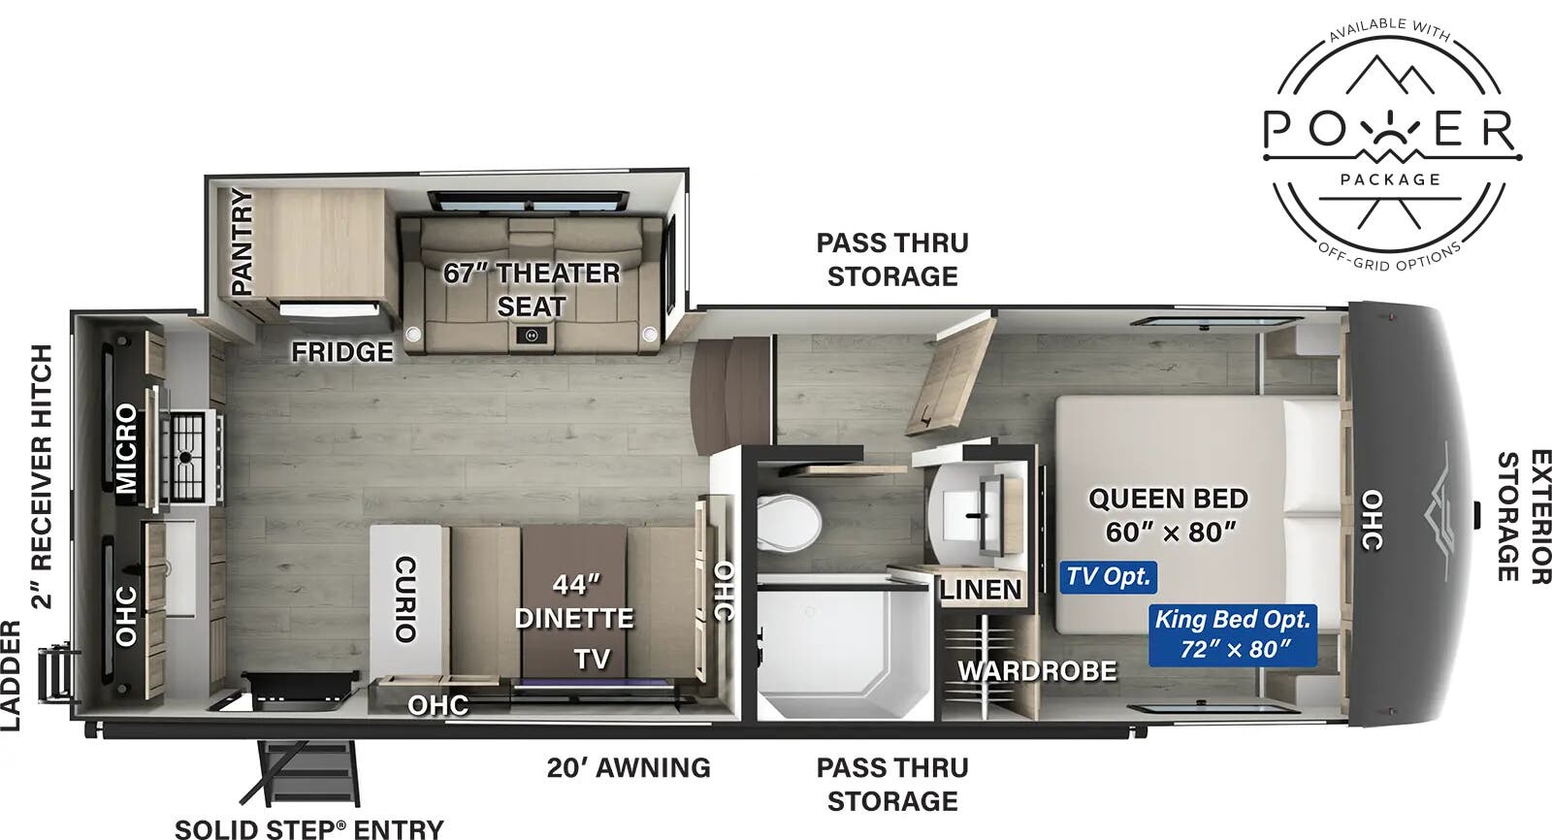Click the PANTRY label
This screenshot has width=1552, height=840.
(242, 242)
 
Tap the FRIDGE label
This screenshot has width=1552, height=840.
(342, 351)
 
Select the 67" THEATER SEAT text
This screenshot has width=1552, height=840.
(532, 289)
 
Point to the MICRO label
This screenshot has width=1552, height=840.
(126, 448)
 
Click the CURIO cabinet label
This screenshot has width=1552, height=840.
(405, 598)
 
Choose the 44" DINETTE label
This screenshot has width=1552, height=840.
(574, 601)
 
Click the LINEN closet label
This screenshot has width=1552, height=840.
(980, 590)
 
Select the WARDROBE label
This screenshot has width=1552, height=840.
(1037, 670)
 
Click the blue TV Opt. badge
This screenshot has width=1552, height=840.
(1108, 577)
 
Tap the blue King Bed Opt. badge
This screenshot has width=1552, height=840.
(1232, 634)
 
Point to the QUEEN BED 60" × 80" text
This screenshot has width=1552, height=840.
(1169, 515)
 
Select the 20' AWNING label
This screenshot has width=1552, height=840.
(629, 767)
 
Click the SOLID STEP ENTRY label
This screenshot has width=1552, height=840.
(308, 828)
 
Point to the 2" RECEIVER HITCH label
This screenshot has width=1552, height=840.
(42, 475)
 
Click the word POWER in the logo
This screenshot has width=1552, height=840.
(1388, 131)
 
